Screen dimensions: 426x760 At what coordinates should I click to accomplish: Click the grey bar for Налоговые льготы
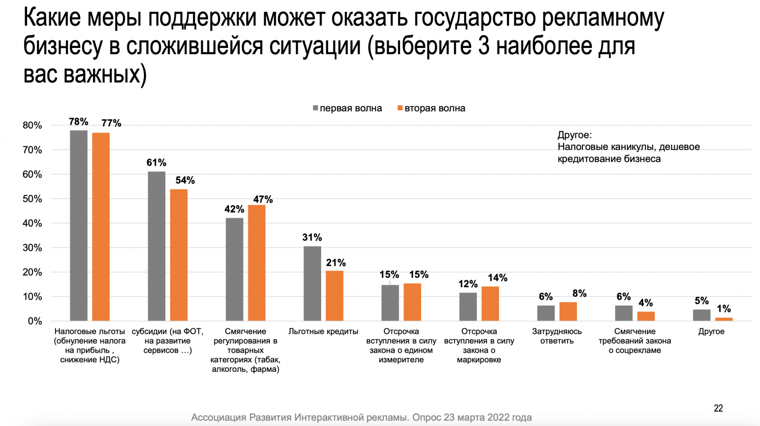[x=78, y=225]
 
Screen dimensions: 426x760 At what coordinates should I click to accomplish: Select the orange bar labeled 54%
[x=179, y=255]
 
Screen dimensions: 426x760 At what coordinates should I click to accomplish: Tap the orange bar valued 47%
[x=256, y=263]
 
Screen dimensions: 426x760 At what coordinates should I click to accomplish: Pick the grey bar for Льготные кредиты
[x=312, y=283]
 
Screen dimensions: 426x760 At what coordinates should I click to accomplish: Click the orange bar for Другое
[x=724, y=319]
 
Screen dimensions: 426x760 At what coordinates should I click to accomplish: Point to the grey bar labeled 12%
[x=468, y=307]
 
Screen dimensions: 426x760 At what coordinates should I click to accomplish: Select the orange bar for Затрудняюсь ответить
[x=568, y=311]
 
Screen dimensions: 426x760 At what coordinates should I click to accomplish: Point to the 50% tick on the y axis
[x=32, y=199]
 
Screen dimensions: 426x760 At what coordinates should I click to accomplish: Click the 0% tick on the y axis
[x=35, y=321]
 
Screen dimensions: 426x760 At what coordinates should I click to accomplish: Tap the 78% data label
[x=78, y=122]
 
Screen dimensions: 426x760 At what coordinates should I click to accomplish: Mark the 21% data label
[x=336, y=263]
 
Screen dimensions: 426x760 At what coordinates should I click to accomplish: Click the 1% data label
[x=724, y=309]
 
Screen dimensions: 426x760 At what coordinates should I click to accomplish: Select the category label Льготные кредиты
[x=323, y=331]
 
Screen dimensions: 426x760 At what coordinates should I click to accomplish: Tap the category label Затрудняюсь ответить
[x=557, y=336]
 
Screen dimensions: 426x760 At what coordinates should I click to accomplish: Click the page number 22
[x=718, y=408]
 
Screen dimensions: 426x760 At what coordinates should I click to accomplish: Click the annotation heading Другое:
[x=574, y=135]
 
